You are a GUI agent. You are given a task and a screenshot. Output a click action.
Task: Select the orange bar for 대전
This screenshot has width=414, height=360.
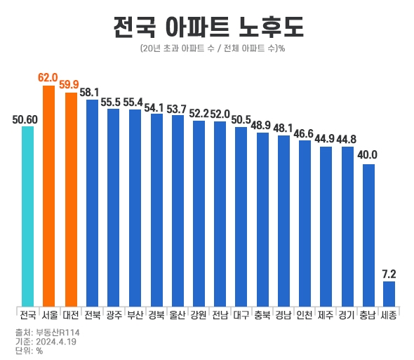(x=70, y=199)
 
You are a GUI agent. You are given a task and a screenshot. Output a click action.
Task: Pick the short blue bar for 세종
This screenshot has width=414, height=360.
(x=389, y=293)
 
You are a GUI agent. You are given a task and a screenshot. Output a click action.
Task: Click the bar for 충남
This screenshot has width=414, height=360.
(x=368, y=234)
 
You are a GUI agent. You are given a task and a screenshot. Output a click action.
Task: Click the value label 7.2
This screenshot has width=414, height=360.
(x=389, y=273)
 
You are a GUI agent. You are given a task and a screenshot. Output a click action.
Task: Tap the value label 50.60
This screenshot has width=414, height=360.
(x=25, y=119)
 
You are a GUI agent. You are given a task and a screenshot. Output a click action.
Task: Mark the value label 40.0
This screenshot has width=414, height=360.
(x=368, y=155)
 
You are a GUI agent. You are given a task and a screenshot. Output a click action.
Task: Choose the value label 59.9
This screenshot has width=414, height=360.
(x=70, y=85)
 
